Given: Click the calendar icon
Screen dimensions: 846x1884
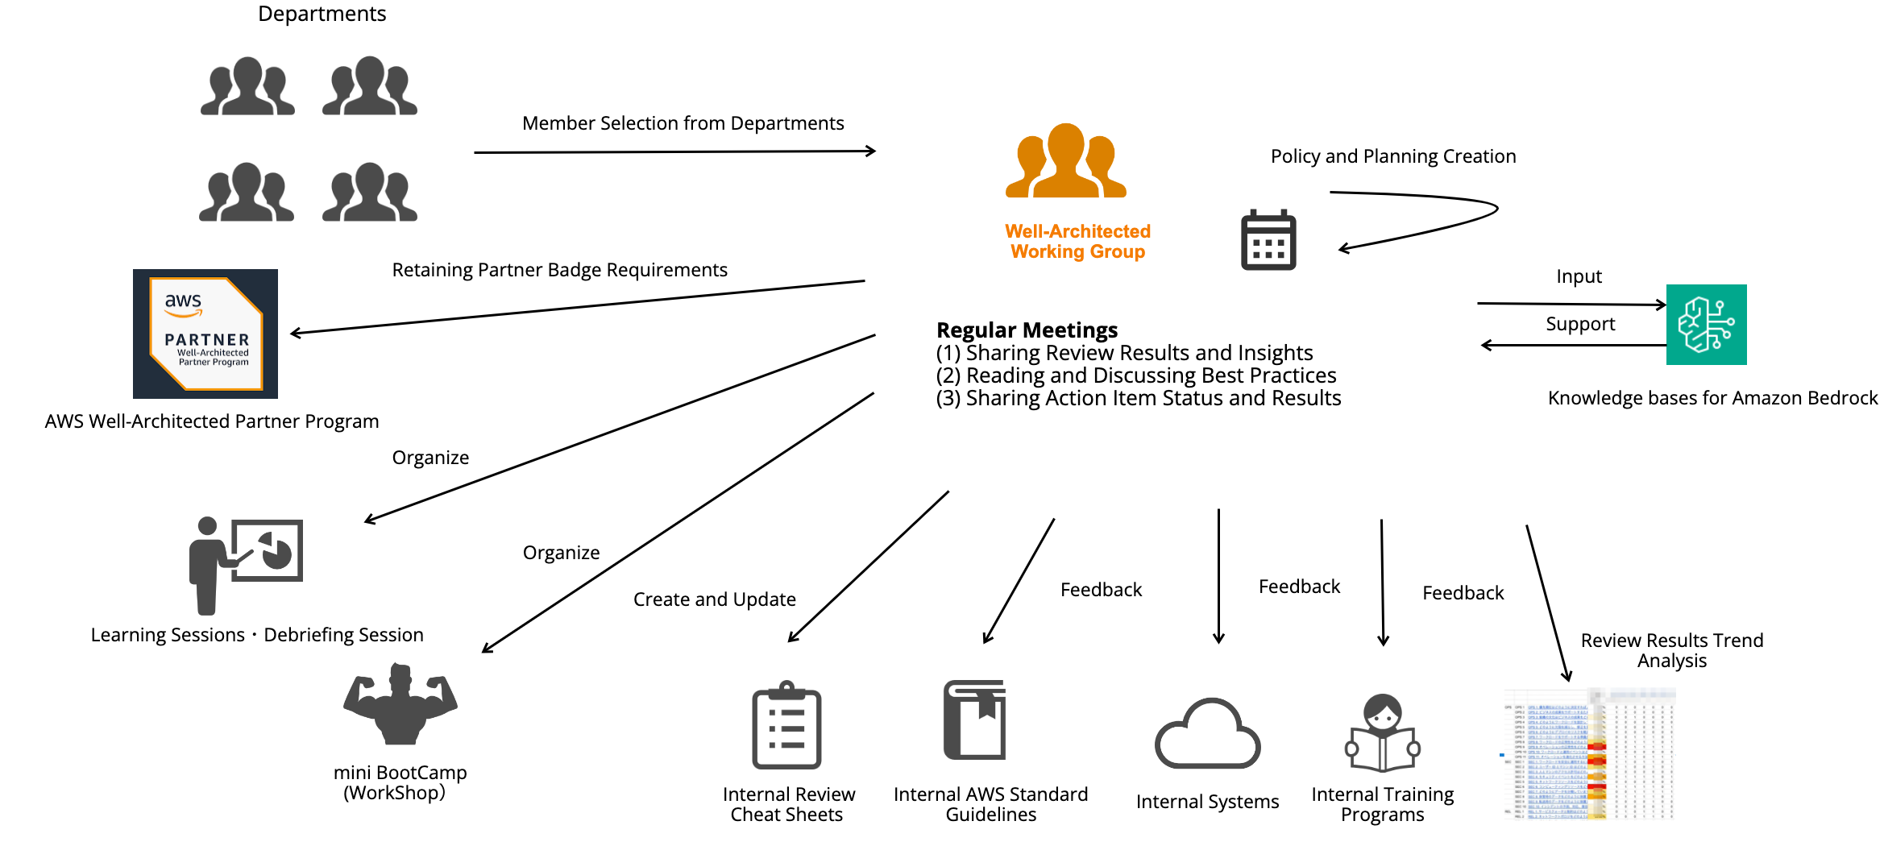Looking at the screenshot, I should coord(1268,240).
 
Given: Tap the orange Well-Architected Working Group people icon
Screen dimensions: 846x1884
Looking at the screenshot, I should coord(1065,162).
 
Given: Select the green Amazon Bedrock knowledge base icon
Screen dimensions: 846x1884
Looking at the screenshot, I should coord(1706,325).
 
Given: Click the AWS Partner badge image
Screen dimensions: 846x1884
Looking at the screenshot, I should coord(205,334).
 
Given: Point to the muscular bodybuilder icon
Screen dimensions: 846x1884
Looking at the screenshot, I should coord(400,704).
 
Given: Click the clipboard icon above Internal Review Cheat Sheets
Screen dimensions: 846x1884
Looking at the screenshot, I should coord(786,725).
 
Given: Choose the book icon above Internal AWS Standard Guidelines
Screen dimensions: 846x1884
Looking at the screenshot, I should coord(975,720).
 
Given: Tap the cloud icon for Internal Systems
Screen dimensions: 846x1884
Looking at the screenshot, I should coord(1206,734).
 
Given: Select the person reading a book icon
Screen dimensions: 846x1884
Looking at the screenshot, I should coord(1382,733).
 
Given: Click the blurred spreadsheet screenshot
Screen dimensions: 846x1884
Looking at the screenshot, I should coord(1587,754).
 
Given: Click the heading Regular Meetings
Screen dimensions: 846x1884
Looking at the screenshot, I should coord(1027,330).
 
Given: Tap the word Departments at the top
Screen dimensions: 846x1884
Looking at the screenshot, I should coord(322,14).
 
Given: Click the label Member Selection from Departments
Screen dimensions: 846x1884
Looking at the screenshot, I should coord(683,123).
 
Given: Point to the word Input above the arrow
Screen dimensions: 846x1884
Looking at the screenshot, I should coord(1579,276).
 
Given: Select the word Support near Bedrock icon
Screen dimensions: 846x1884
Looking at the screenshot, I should coord(1580,324).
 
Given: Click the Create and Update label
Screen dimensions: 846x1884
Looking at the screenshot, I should coord(714,599).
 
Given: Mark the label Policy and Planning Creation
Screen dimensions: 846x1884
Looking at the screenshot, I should coord(1392,156).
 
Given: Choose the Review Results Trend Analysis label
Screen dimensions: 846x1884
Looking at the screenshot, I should coord(1671,650).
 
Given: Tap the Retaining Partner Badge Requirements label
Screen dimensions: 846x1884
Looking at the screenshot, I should coord(559,270).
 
